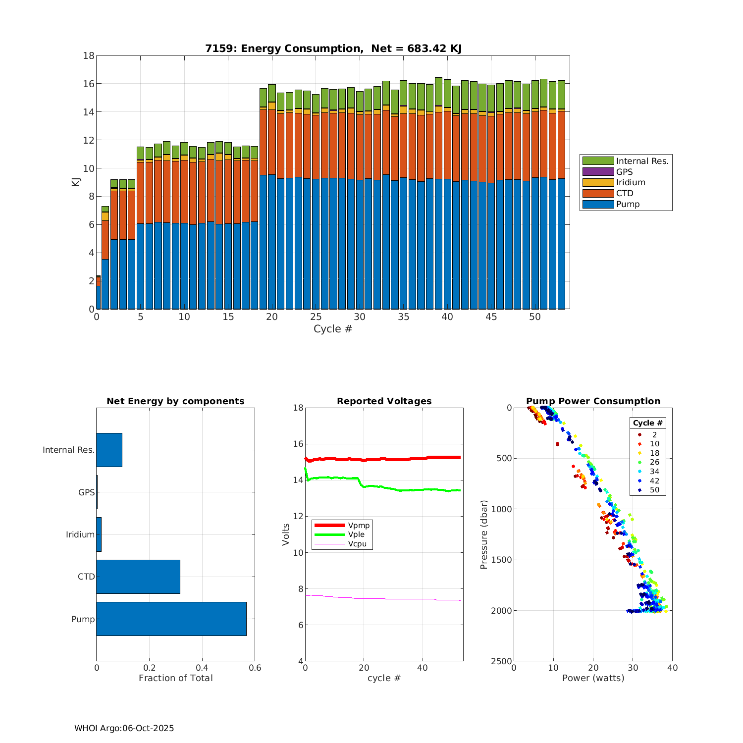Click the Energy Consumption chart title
[x=333, y=49]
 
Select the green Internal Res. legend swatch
[x=598, y=161]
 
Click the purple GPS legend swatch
[x=598, y=172]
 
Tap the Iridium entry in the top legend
[x=631, y=182]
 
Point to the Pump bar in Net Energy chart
[x=171, y=619]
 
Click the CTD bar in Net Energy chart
[x=138, y=577]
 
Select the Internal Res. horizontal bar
[x=109, y=450]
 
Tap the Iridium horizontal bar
[x=99, y=534]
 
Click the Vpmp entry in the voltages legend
[x=359, y=525]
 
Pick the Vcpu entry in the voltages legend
[x=357, y=544]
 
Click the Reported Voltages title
[x=384, y=401]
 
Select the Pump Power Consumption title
[x=593, y=401]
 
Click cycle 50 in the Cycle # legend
[x=654, y=490]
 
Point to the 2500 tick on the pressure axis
[x=502, y=661]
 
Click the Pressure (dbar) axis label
[x=484, y=534]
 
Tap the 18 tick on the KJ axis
[x=89, y=55]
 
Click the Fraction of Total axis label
[x=175, y=678]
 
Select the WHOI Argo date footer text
[x=124, y=728]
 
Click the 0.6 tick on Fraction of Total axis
[x=255, y=668]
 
